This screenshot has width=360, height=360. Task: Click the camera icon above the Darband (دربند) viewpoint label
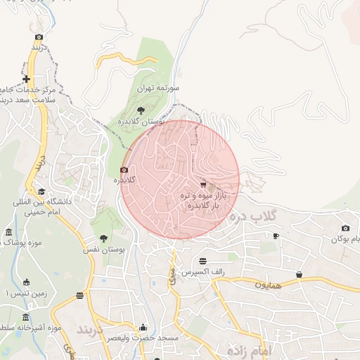click(39, 37)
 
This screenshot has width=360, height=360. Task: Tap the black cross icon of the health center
click(27, 79)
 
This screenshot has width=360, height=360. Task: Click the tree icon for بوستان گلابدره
click(141, 110)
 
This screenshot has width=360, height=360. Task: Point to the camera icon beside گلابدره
click(124, 169)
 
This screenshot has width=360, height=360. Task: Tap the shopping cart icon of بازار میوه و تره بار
click(204, 184)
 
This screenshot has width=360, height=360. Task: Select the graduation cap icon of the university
click(41, 191)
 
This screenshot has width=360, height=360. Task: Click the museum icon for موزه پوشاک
click(8, 232)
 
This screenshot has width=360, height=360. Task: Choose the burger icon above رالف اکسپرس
click(203, 261)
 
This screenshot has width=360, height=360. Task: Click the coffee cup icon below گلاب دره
click(276, 236)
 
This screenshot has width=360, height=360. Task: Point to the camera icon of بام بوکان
click(345, 228)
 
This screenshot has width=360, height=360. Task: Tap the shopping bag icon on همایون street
click(300, 274)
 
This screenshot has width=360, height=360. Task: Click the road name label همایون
click(268, 285)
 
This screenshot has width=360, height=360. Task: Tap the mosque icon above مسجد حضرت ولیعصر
click(144, 327)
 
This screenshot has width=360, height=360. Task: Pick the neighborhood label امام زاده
click(250, 349)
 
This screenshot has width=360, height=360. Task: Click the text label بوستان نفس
click(109, 250)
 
